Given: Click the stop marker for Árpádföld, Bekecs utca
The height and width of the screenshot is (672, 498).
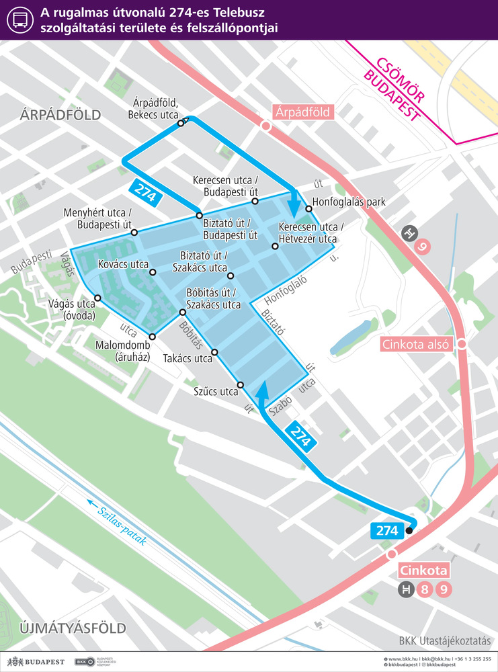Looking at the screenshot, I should pos(181,123).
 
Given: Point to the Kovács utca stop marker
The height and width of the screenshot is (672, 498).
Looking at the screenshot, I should pos(153,273).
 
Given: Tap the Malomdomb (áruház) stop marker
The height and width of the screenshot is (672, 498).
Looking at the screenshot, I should pos(153,336).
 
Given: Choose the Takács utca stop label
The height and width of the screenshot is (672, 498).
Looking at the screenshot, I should pos(188,359).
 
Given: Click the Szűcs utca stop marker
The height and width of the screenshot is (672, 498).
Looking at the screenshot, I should pos(241,384).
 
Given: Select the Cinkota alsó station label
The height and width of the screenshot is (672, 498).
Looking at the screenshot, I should pos(417,344).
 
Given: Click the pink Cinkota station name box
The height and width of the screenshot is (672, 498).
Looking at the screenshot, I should pos(423,571).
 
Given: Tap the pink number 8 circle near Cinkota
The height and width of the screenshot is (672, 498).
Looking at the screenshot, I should pos(424,591).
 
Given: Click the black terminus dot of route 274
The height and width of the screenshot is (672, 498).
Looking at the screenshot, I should pos(409,531).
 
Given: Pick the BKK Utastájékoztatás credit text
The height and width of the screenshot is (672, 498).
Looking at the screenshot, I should pos(444,640).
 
